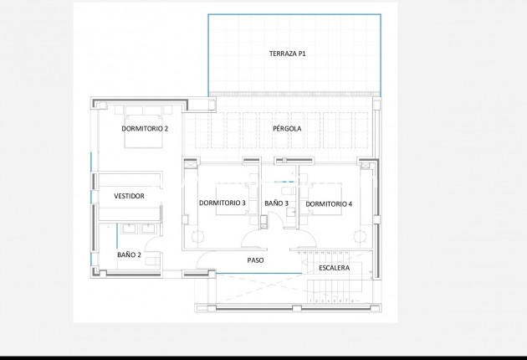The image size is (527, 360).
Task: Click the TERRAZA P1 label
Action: tap(287, 54)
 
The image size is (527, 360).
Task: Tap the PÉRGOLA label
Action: tap(287, 129)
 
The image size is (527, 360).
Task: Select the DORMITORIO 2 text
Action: tap(145, 129)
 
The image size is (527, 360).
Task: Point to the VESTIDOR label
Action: tap(129, 196)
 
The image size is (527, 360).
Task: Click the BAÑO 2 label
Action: tap(129, 255)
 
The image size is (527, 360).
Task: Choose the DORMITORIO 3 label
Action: tap(223, 203)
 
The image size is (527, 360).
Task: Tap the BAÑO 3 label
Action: tap(276, 203)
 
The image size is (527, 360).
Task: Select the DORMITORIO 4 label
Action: tap(329, 203)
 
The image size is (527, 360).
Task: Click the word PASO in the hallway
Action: tap(255, 260)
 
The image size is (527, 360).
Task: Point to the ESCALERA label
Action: tap(334, 268)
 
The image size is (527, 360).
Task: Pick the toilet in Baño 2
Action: tap(151, 260)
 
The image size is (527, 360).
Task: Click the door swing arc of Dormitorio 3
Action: tap(253, 241)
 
